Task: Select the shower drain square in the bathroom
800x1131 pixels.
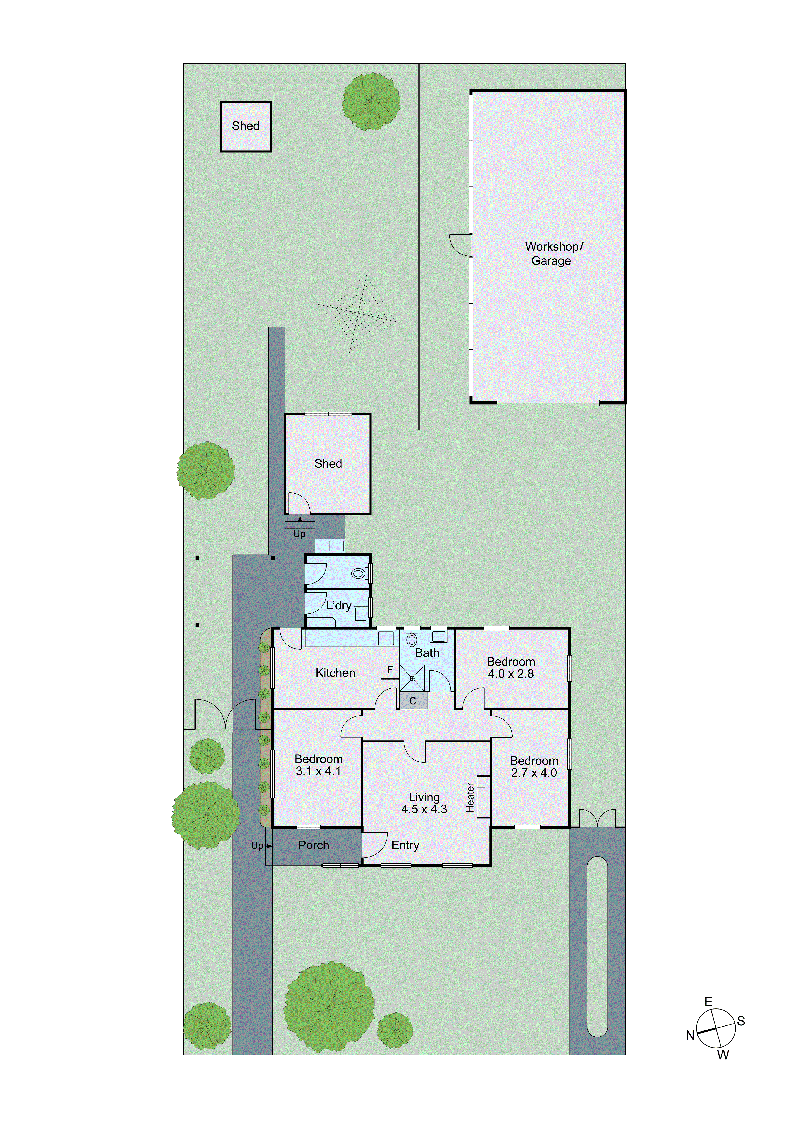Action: click(x=412, y=678)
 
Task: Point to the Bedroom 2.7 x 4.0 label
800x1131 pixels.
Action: click(x=534, y=767)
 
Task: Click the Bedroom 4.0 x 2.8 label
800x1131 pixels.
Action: click(x=511, y=668)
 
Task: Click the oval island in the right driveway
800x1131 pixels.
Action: click(x=597, y=947)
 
